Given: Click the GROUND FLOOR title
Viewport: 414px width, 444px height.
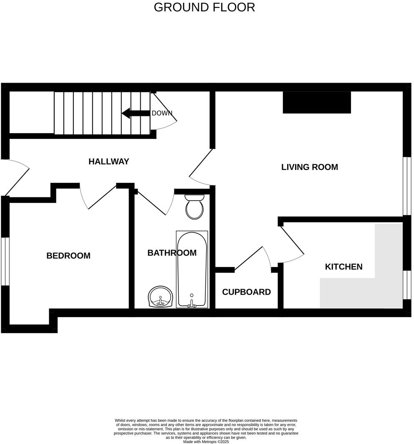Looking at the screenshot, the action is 204,8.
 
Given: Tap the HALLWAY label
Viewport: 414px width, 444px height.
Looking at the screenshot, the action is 109,161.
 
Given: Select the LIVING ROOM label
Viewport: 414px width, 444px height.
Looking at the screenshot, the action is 310,167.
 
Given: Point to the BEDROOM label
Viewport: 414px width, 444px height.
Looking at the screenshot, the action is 68,256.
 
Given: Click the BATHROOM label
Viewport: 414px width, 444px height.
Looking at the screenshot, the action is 172,252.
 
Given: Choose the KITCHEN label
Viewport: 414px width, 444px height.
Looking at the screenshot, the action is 343,267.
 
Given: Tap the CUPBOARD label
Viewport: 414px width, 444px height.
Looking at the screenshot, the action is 246,292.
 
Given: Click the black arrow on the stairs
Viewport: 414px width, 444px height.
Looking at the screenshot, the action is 136,113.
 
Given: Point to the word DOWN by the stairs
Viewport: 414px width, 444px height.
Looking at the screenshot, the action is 162,113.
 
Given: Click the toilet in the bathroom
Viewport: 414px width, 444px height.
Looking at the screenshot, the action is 194,207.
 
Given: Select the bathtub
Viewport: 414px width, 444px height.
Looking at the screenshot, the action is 192,269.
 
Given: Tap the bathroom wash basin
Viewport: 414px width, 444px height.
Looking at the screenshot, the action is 160,297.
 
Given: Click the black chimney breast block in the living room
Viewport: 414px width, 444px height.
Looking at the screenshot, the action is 317,103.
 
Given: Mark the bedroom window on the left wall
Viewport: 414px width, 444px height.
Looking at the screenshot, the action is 5,261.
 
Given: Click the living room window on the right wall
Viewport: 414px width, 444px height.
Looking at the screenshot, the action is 407,186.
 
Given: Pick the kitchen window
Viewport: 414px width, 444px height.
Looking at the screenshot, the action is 407,285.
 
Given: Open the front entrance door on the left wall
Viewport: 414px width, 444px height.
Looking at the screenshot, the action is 15,177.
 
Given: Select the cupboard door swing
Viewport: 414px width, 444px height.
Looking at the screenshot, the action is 253,257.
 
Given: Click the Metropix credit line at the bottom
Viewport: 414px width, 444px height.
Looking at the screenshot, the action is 206,442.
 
